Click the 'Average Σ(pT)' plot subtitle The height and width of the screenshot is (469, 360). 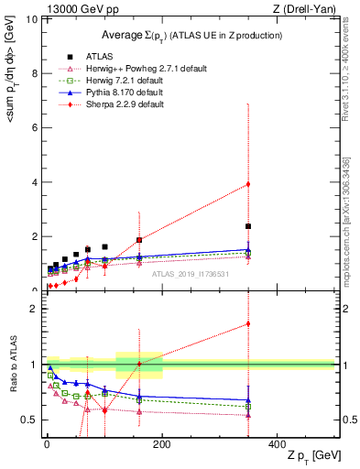pyautogui.click(x=191, y=35)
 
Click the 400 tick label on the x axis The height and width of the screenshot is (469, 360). pyautogui.click(x=278, y=443)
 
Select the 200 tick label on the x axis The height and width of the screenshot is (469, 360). pyautogui.click(x=162, y=443)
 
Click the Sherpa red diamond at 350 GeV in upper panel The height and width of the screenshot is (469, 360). pyautogui.click(x=248, y=184)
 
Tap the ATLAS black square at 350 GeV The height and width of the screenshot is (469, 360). pyautogui.click(x=248, y=226)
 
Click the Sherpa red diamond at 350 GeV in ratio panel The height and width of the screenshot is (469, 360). pyautogui.click(x=248, y=323)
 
